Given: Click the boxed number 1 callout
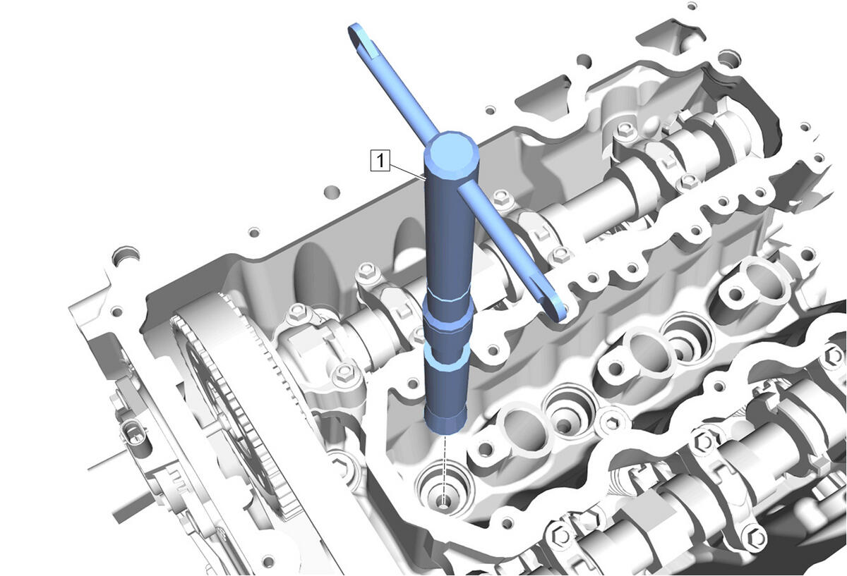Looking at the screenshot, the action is click(380, 161).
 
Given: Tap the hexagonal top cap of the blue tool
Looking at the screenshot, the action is click(451, 155).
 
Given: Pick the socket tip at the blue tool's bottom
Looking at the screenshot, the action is click(445, 421).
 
